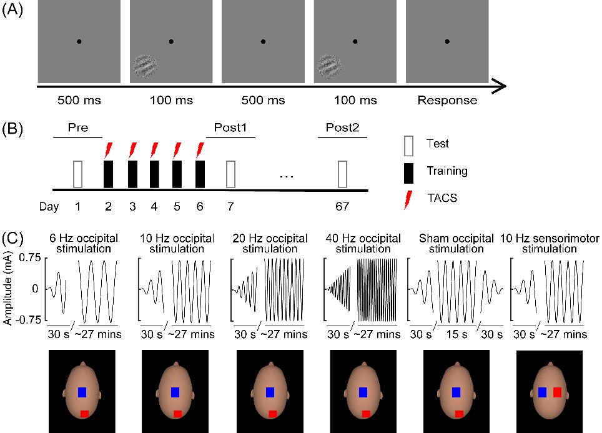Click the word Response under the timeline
(447, 100)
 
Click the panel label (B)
(12, 128)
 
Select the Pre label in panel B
(78, 127)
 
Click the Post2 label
(342, 127)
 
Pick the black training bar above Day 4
(154, 174)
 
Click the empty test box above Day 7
(230, 174)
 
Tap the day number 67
(342, 207)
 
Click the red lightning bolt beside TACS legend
(408, 200)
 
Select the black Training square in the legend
(408, 173)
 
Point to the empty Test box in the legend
(408, 146)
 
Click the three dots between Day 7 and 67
(287, 177)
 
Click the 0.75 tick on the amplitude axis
(30, 257)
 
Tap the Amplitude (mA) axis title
(7, 289)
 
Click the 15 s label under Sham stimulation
(457, 334)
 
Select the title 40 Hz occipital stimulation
(363, 244)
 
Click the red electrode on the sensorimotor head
(558, 392)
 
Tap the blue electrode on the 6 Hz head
(82, 392)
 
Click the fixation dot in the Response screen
(447, 41)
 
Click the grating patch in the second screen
(145, 66)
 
